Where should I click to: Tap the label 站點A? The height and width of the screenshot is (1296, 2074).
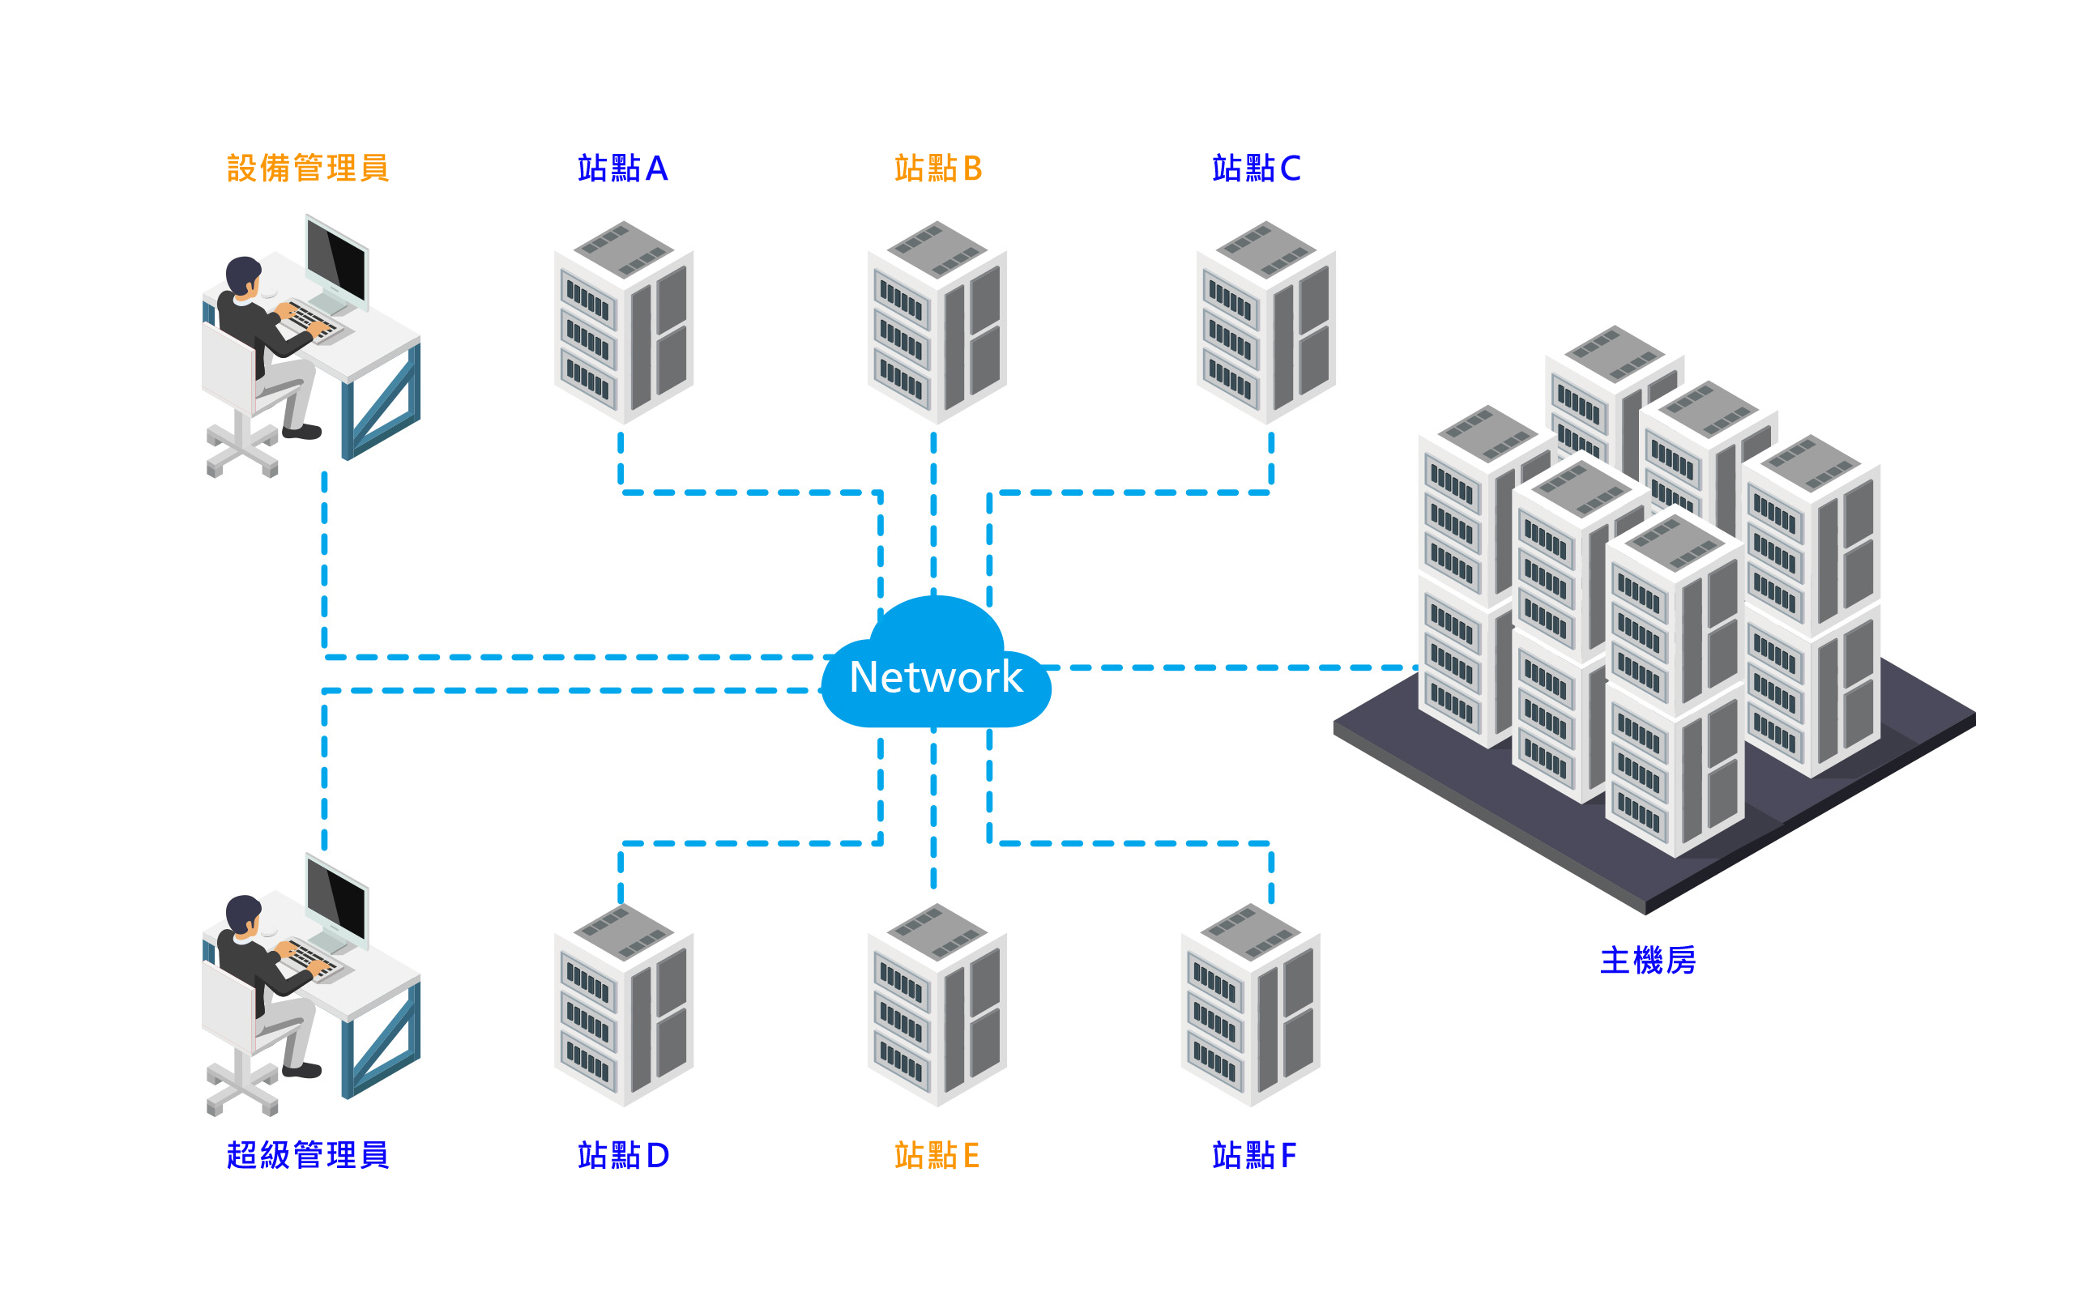tap(622, 168)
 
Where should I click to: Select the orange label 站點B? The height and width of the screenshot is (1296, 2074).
tap(937, 168)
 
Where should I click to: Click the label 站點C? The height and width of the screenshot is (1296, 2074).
tap(1256, 168)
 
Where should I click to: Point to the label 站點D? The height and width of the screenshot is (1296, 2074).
tap(623, 1154)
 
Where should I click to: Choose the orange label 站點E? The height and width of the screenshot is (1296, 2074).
tap(936, 1154)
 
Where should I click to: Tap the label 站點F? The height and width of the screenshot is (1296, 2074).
tap(1254, 1154)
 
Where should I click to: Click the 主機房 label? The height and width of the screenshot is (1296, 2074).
tap(1647, 960)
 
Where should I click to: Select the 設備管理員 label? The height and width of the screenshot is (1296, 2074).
tap(308, 168)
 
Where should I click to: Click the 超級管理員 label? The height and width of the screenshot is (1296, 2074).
tap(308, 1154)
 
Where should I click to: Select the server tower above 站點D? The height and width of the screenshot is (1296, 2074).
tap(624, 1005)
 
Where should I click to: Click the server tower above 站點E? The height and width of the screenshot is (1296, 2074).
tap(937, 1005)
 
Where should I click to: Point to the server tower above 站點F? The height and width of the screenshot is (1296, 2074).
tap(1250, 1005)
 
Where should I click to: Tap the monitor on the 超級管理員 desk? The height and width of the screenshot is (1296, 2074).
tap(338, 898)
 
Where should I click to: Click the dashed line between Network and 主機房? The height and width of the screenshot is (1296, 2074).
tap(1234, 667)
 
